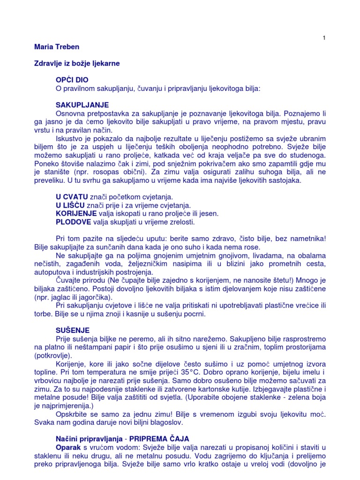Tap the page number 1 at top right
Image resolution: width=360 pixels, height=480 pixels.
pyautogui.click(x=323, y=38)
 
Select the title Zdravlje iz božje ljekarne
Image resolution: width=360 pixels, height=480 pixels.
pyautogui.click(x=80, y=63)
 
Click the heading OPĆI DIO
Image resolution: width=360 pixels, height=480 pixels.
pyautogui.click(x=72, y=80)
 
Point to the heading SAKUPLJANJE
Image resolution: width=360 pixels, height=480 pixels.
pyautogui.click(x=82, y=105)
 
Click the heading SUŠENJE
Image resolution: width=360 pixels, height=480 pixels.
pyautogui.click(x=72, y=330)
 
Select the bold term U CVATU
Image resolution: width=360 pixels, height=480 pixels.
pyautogui.click(x=71, y=196)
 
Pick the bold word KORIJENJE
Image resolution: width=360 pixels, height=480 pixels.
pyautogui.click(x=76, y=213)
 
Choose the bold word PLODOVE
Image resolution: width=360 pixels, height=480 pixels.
pyautogui.click(x=74, y=222)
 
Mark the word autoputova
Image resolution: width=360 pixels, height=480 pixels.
pyautogui.click(x=54, y=272)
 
